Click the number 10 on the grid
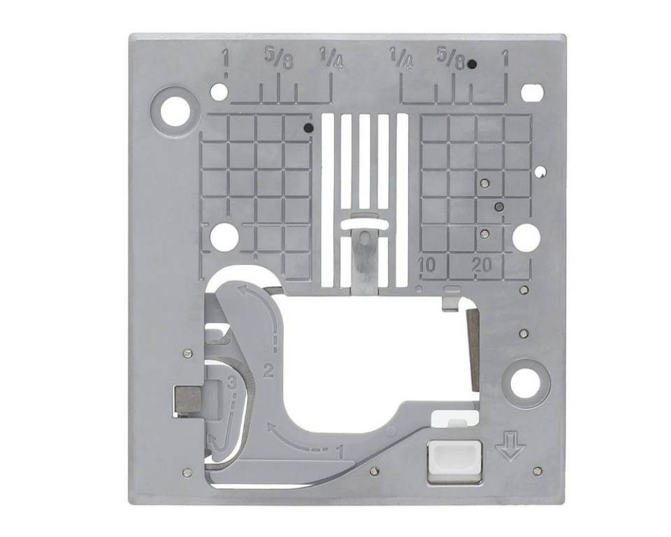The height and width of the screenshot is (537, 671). pyautogui.click(x=427, y=266)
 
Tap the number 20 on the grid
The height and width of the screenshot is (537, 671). pyautogui.click(x=482, y=266)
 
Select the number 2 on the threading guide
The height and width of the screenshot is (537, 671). pyautogui.click(x=268, y=370)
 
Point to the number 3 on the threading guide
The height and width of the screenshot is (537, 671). pyautogui.click(x=232, y=382)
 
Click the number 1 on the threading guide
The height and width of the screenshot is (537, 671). pyautogui.click(x=341, y=452)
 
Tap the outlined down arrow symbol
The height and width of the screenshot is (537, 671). pyautogui.click(x=510, y=446)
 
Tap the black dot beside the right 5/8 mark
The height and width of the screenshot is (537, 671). pyautogui.click(x=472, y=64)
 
